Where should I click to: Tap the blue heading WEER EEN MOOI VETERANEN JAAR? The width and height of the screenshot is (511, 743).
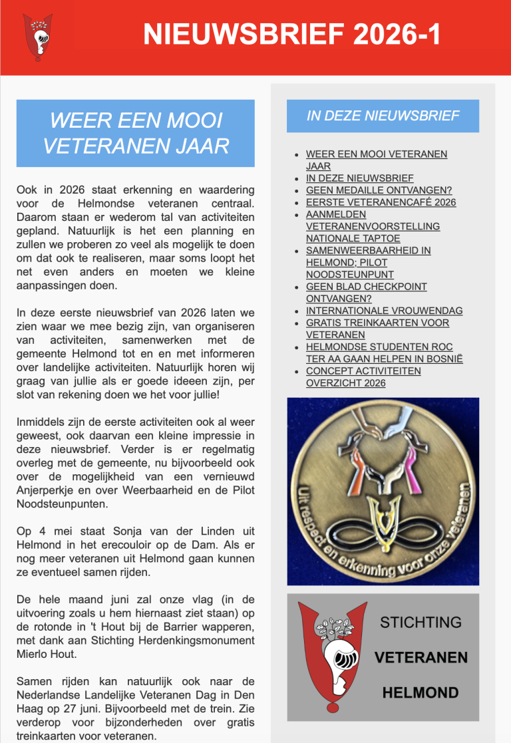[x=135, y=133]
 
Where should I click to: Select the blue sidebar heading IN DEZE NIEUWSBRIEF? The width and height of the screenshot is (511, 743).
[x=383, y=116]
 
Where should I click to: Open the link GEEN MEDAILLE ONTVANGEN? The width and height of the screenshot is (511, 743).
[x=379, y=190]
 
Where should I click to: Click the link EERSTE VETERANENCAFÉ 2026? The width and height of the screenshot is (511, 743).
[x=381, y=202]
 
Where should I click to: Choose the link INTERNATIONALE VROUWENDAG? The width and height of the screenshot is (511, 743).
[x=384, y=311]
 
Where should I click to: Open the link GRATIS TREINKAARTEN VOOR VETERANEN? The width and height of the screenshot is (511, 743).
[x=377, y=329]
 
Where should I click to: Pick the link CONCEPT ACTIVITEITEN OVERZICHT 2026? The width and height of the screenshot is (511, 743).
[x=363, y=376]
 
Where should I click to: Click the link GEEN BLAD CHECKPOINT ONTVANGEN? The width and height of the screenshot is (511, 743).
[x=367, y=293]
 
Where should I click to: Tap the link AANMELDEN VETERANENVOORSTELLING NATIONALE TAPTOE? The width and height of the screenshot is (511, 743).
[x=373, y=226]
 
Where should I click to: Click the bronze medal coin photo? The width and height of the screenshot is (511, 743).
[x=383, y=491]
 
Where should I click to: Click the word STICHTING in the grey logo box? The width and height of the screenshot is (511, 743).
[x=421, y=623]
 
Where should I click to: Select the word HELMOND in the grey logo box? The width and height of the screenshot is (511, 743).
[x=421, y=692]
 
